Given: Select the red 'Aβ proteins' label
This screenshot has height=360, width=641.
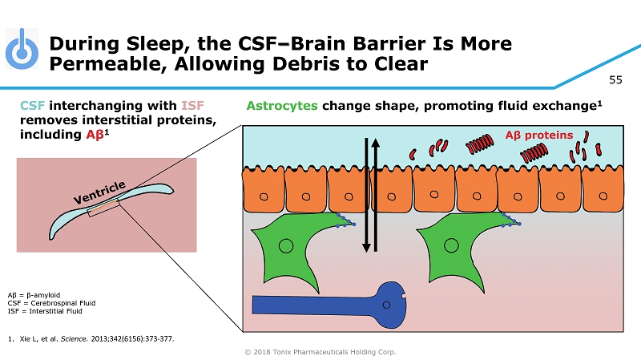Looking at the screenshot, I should tap(538, 135).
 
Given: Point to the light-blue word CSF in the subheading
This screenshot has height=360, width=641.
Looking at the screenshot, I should tap(33, 106).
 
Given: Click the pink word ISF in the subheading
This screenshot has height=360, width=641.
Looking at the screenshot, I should tap(194, 106).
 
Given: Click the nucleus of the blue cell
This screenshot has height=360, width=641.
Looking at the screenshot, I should tap(388, 304).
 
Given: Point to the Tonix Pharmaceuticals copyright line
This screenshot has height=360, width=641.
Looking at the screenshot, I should tap(320, 351).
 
